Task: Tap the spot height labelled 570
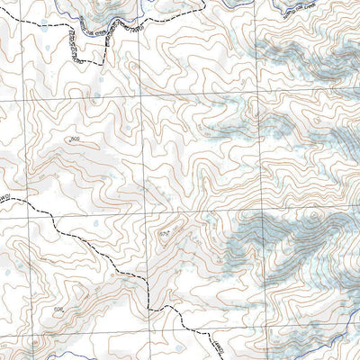pyautogui.click(x=164, y=234)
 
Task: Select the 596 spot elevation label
pyautogui.click(x=59, y=310)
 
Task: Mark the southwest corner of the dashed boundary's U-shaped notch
pyautogui.click(x=77, y=61)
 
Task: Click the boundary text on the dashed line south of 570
pyautogui.click(x=215, y=345)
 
